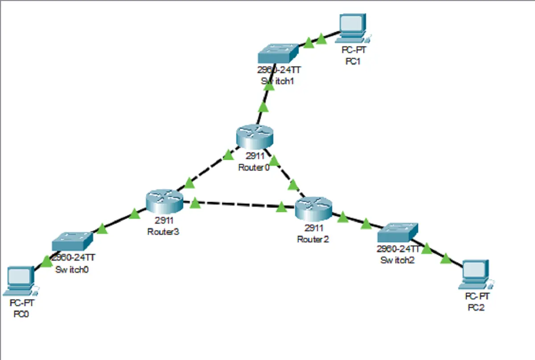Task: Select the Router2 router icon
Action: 313,208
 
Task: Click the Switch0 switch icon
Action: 72,241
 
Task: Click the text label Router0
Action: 254,168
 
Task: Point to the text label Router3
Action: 163,232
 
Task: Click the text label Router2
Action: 313,239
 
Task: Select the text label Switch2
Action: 397,260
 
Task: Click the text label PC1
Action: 353,61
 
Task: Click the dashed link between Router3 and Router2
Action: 241,205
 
